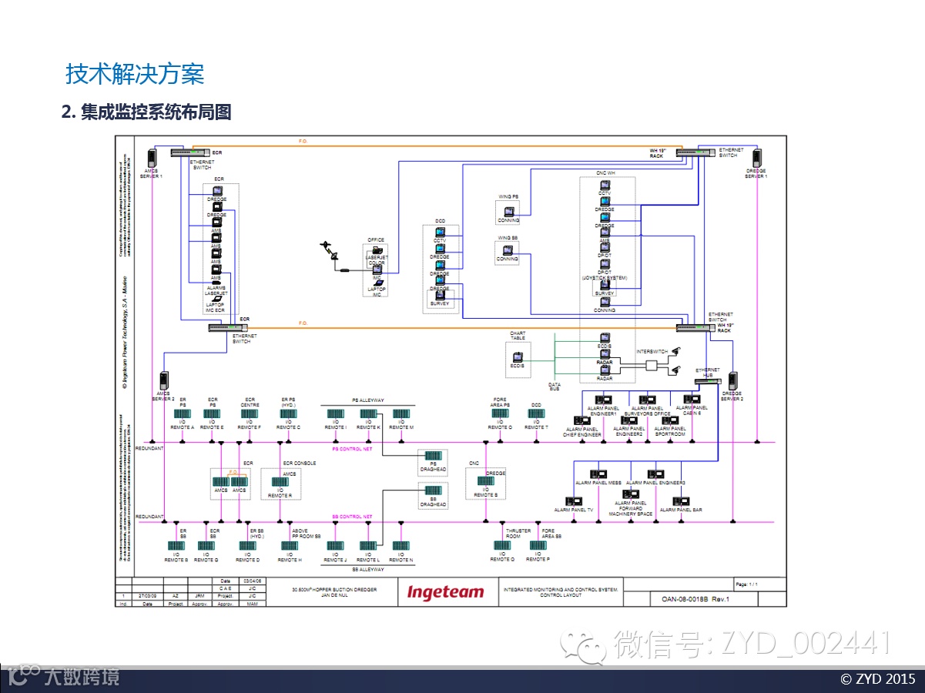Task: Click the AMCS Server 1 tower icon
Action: point(152,157)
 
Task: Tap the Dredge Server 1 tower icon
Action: point(756,157)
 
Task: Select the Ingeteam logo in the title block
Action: point(446,592)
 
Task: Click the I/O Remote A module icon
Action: point(183,414)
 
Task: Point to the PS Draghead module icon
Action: point(433,455)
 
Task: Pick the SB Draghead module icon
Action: point(433,490)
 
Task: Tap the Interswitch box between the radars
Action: point(653,366)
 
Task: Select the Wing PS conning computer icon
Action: point(508,212)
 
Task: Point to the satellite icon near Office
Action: point(330,250)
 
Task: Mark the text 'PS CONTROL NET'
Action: point(352,448)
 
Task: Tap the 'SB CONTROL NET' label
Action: point(352,517)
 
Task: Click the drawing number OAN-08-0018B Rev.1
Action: point(695,598)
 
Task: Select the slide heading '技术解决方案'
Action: point(135,75)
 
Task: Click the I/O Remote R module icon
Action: point(280,481)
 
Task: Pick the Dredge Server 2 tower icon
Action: point(732,381)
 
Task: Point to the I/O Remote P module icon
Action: point(538,546)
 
